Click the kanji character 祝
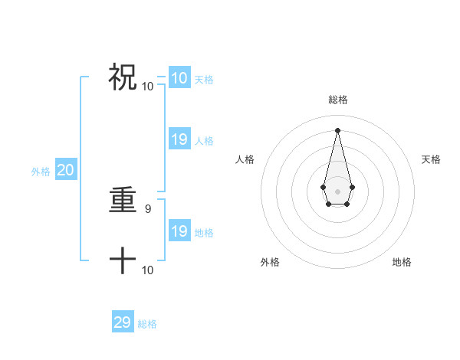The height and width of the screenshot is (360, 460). pos(123,77)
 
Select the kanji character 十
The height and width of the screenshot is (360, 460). pos(123,261)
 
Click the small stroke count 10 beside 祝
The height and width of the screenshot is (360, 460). pos(148,86)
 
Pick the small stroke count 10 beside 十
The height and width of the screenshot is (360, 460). pos(148,270)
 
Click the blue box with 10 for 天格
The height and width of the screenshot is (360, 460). pos(179,78)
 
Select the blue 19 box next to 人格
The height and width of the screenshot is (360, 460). pos(179,139)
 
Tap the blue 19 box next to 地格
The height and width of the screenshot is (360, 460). pos(179,231)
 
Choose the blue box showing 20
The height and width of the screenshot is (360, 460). pos(65,170)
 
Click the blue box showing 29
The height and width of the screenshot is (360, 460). pos(123,322)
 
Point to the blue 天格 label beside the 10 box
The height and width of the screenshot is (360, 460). pos(204,80)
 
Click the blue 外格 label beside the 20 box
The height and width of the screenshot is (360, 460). pos(41,172)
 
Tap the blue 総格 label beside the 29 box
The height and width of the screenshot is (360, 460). pos(147,324)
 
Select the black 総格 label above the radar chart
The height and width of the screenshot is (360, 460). pos(338,100)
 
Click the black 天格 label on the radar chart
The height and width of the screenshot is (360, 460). pos(431,159)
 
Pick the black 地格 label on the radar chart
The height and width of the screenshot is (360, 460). pos(402,262)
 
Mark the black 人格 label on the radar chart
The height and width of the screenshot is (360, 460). pos(245,159)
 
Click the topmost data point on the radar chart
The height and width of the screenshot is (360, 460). pos(338,129)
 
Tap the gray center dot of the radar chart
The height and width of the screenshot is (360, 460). pos(338,191)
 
